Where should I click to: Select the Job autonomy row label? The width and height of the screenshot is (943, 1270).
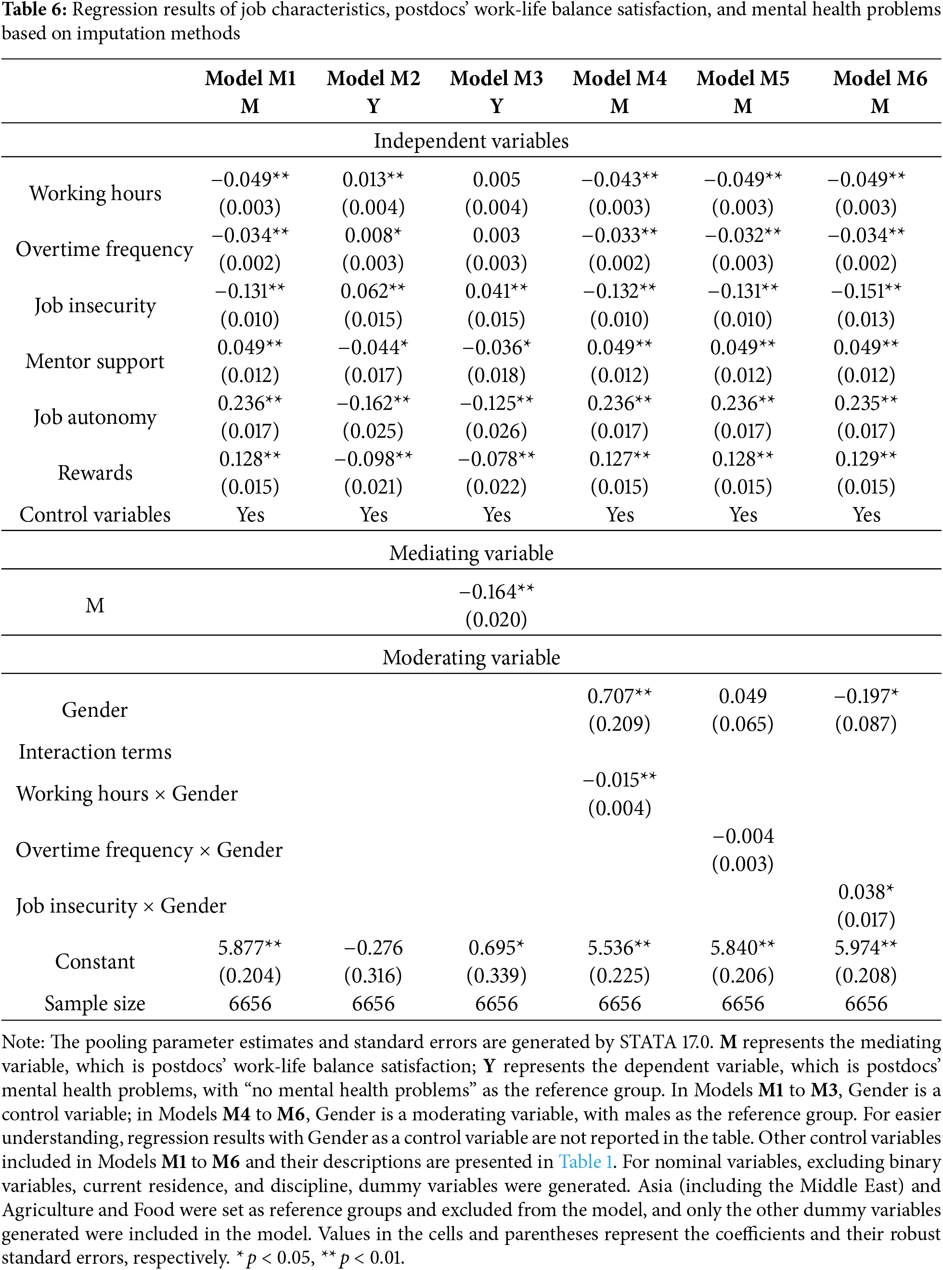pos(95,417)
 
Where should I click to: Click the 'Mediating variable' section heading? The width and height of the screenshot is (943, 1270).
pos(471,553)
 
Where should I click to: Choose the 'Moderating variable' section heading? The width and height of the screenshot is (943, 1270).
pos(471,657)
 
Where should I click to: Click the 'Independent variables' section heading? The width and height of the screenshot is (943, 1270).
pos(471,141)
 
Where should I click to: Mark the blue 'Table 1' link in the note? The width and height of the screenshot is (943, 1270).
pos(585,1162)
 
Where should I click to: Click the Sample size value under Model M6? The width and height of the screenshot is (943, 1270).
pos(865,1003)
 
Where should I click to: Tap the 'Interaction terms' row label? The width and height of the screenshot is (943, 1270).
pos(95,752)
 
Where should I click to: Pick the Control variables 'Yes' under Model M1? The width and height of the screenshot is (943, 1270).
pos(250,515)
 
